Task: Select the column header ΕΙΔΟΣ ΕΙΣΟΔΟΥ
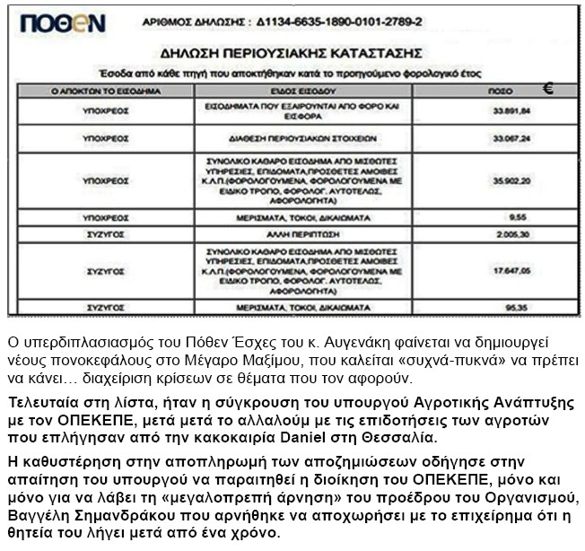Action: (x=314, y=92)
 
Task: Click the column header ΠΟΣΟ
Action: (x=493, y=92)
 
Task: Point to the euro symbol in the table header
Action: (x=549, y=88)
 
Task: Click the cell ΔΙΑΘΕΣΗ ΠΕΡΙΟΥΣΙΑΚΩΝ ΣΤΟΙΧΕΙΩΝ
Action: (x=314, y=139)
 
